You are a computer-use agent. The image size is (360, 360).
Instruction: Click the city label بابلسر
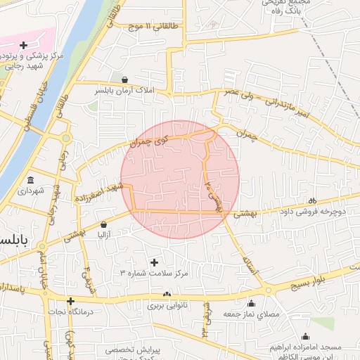tap(14, 240)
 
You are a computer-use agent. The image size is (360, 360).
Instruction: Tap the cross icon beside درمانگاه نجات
tap(70, 301)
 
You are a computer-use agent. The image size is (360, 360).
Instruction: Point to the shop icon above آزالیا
tap(103, 224)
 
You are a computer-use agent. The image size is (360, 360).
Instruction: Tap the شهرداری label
tap(31, 191)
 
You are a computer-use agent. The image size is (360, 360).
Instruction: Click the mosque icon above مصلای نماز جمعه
tap(252, 304)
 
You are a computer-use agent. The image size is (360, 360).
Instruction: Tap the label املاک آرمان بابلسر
tap(124, 91)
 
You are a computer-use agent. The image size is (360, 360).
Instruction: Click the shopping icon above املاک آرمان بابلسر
tap(124, 79)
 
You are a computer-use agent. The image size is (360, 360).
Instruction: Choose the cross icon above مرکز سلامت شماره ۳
tap(154, 262)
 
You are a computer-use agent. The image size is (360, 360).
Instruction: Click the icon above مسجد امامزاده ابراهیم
tap(305, 337)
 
